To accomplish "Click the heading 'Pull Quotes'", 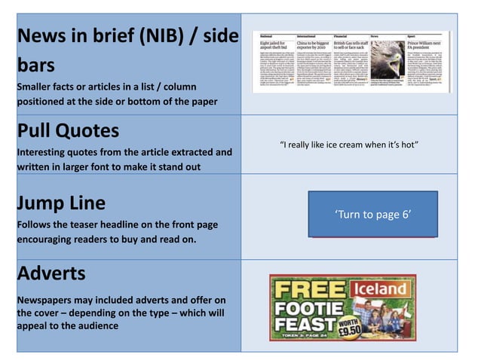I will point(68,131).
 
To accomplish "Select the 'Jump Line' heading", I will point(61,203).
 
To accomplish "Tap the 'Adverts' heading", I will point(51,273).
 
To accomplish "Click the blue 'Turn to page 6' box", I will point(372,215).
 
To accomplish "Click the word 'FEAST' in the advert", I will point(306,325).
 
